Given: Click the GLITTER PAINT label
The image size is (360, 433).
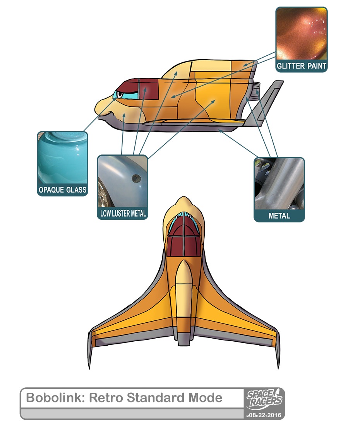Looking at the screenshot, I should pyautogui.click(x=301, y=66).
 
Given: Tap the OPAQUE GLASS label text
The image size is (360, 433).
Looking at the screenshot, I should pyautogui.click(x=62, y=190).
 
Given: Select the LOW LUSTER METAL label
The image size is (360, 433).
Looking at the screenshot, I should pyautogui.click(x=122, y=213).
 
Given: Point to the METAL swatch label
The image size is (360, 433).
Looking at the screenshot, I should pyautogui.click(x=279, y=216).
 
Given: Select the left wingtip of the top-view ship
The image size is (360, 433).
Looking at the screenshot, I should pyautogui.click(x=91, y=348).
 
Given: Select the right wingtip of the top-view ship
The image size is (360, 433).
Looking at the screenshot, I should pyautogui.click(x=277, y=348).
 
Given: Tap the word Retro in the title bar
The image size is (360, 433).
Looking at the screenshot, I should pyautogui.click(x=106, y=398).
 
